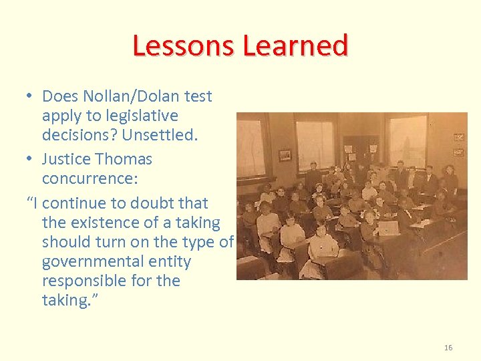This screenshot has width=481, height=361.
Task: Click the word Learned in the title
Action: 295,45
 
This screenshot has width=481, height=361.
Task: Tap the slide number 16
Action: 448,348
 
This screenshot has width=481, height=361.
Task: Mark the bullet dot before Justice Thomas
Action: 31,159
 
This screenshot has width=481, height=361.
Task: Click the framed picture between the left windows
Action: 285,155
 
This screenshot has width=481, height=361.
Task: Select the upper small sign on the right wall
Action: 459,136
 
